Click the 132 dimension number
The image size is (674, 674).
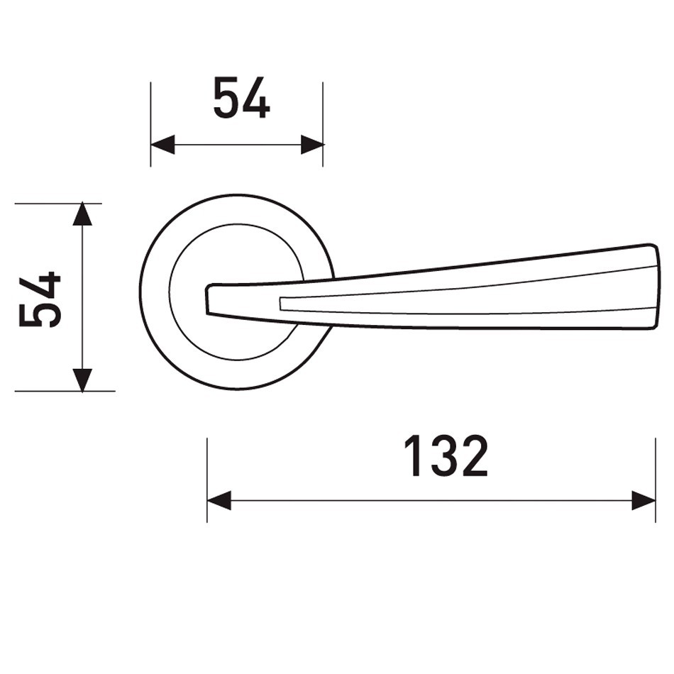tap(446, 455)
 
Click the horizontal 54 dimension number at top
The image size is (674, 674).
tap(241, 98)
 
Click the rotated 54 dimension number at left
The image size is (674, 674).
tap(40, 299)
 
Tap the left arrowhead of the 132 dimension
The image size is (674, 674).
tap(219, 500)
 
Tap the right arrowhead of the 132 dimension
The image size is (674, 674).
tap(643, 500)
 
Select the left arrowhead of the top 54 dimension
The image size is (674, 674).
tap(162, 145)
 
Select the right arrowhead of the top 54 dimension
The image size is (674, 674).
tap(312, 145)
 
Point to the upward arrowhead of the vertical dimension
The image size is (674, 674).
tap(82, 214)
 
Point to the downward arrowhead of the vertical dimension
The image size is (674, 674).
tap(82, 380)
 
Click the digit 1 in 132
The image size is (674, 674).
tap(413, 455)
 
